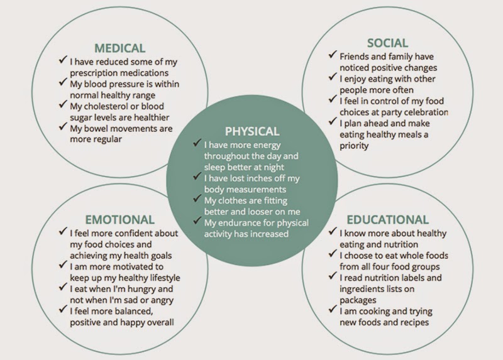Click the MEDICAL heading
119,48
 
